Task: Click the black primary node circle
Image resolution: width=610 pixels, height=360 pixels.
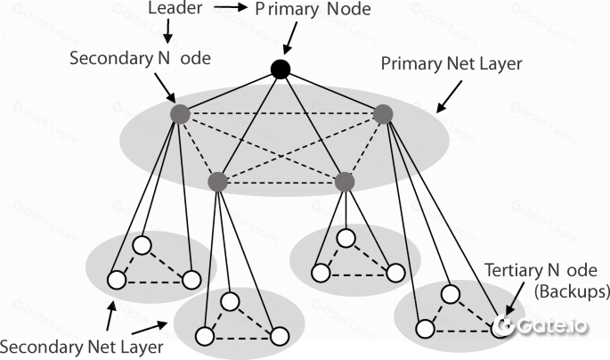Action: point(281,70)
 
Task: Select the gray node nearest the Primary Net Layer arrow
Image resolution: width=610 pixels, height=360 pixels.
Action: point(383,114)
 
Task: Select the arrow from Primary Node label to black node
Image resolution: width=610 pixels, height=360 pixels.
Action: point(289,41)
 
